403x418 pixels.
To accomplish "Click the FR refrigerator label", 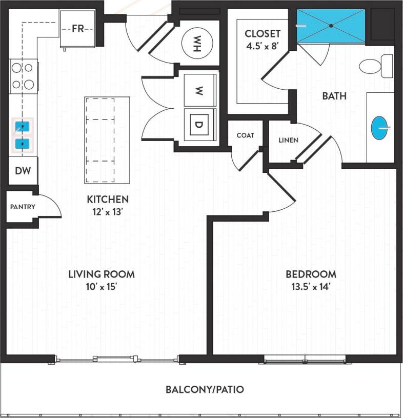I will tap(77, 29).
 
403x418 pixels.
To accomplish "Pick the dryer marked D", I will tap(198, 123).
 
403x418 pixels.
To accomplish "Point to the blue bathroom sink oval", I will tap(379, 128).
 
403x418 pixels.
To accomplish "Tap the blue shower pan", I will tap(331, 25).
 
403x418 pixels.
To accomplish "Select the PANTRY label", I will tap(23, 207).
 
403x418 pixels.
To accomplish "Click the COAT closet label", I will tap(246, 135).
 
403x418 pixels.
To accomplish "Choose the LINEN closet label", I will tap(288, 140).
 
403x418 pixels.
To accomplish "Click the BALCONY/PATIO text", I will tap(205, 389).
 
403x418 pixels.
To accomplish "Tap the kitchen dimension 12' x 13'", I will tap(107, 211).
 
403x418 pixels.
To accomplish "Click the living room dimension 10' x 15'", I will tap(102, 287).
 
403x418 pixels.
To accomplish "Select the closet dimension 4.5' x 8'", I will tap(263, 46).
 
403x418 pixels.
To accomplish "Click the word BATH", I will tap(334, 96).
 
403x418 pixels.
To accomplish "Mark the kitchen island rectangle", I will tap(107, 140).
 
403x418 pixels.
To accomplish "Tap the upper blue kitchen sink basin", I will tap(22, 126).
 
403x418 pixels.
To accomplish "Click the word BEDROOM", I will tap(311, 274).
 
